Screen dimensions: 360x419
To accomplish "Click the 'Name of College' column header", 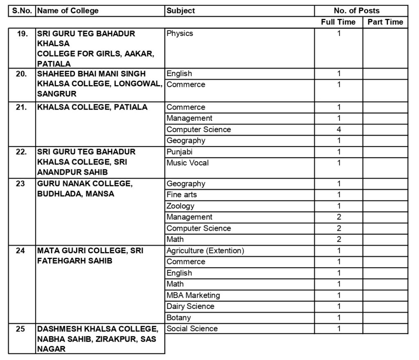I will point(68,11).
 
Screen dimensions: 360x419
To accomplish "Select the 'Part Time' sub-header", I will point(385,22).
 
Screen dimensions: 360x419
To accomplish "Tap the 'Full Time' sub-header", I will point(338,22).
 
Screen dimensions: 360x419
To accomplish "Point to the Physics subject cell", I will point(180,34).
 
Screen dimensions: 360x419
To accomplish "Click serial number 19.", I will point(22,34).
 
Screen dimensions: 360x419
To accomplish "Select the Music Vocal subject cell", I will point(187,163).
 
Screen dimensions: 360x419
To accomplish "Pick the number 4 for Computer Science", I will point(339,130).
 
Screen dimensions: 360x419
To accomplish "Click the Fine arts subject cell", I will point(182,195).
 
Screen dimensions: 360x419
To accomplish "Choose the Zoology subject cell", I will point(180,206).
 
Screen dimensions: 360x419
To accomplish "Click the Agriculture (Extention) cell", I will point(205,251).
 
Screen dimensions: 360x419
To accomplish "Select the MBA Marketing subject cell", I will point(193,295).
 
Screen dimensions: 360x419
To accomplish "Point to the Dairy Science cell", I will point(190,306).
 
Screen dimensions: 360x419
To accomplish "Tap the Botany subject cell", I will point(179,317).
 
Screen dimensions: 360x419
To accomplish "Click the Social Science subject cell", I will point(192,328).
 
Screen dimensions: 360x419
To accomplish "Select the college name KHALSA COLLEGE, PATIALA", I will point(92,107).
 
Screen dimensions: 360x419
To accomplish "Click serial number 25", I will point(21,329).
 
